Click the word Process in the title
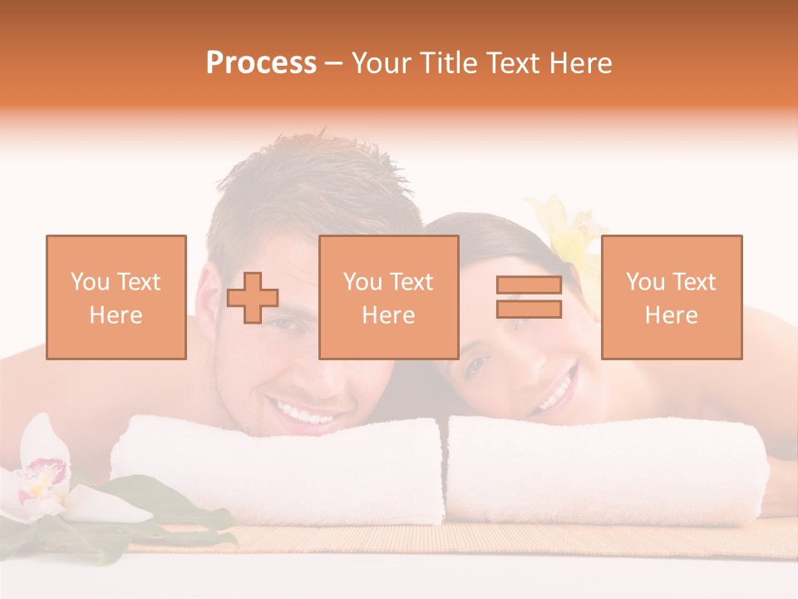click(261, 63)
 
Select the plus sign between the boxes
click(253, 298)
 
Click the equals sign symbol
click(529, 297)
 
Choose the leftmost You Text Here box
click(116, 297)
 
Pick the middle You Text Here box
click(389, 297)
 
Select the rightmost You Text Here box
click(672, 297)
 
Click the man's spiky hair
click(316, 179)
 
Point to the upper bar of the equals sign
click(529, 285)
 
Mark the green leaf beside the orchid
click(166, 503)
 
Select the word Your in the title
click(377, 63)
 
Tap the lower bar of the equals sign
click(529, 309)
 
